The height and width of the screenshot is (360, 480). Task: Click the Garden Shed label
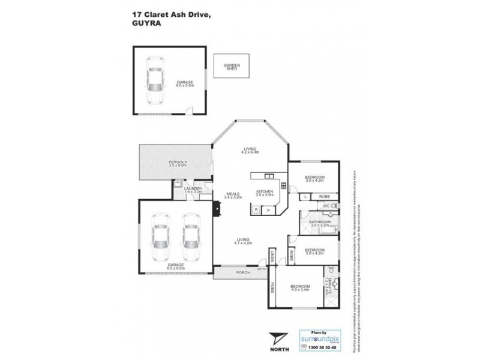pos(231,67)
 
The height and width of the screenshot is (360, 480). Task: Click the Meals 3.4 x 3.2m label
pos(233,195)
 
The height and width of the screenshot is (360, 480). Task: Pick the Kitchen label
pos(265,193)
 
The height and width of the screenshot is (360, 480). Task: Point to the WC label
pos(326,206)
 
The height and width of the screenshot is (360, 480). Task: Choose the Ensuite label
pos(329,286)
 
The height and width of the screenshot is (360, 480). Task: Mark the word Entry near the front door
pos(262,269)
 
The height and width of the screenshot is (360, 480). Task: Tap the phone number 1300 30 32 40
pos(319,346)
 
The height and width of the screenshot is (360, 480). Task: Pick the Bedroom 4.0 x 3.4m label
pos(301,289)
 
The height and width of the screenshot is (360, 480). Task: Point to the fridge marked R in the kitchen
pos(257,210)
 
